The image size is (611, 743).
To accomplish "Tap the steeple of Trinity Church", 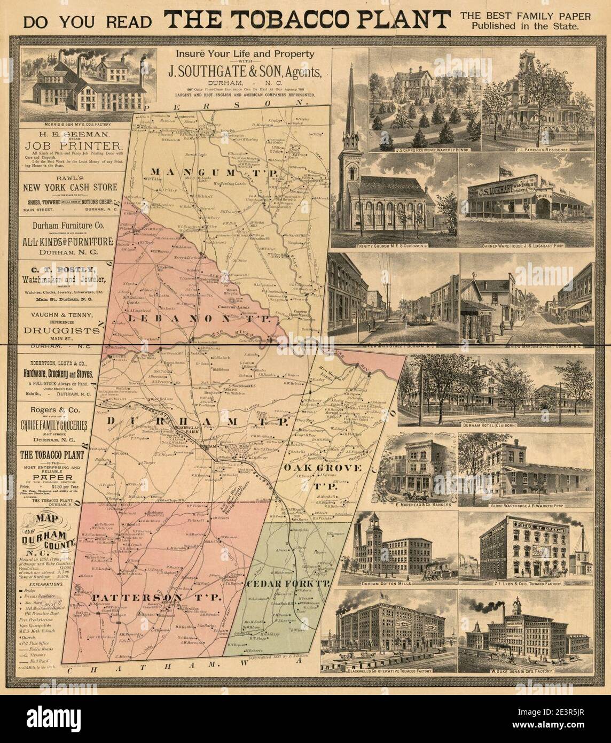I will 351,102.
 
